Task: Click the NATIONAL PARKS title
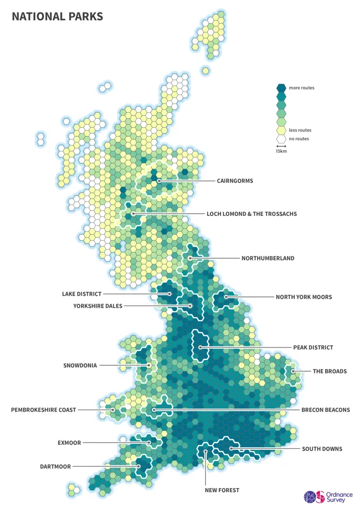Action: pos(57,17)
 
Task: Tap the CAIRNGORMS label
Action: pos(235,181)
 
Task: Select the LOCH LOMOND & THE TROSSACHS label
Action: pos(251,214)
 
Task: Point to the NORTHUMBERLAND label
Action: pos(268,258)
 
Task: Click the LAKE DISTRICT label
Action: pos(82,294)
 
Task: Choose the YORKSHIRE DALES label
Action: pos(97,306)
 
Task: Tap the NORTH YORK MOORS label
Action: pos(304,297)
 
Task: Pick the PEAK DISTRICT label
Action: pos(313,348)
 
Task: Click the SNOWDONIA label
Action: pos(80,366)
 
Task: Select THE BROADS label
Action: pos(330,371)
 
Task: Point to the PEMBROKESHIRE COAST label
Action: pos(43,410)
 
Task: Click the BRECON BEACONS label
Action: pos(326,410)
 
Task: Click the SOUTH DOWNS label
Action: pos(322,449)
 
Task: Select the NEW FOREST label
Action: pos(222,490)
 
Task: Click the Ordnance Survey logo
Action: pos(328,496)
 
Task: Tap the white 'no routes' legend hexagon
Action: pos(281,138)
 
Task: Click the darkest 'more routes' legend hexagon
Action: pos(281,88)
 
